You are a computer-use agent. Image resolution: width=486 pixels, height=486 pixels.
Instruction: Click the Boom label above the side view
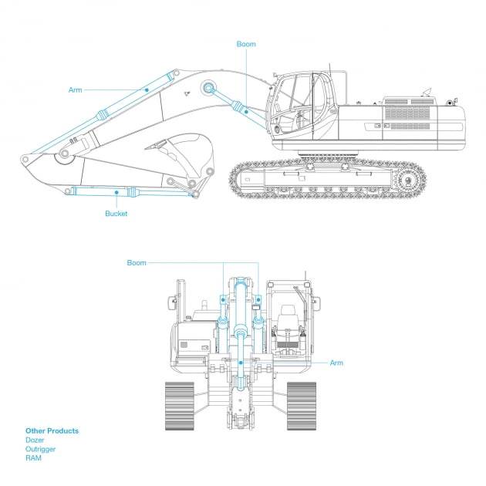246,44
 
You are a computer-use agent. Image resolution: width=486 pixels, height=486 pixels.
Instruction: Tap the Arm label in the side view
76,90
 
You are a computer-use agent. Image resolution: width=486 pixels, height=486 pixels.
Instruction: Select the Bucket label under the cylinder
116,214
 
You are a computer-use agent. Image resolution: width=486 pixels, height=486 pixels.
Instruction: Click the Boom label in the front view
137,263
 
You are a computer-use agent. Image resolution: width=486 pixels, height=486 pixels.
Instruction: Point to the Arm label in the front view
336,363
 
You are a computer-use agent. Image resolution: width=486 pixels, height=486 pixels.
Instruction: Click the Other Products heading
52,430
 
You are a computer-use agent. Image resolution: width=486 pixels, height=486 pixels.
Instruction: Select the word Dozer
35,440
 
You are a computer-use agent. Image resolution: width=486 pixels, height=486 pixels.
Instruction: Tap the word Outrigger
40,449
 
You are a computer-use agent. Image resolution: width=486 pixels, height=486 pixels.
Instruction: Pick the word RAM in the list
33,458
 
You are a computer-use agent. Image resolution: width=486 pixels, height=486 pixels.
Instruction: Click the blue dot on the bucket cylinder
116,193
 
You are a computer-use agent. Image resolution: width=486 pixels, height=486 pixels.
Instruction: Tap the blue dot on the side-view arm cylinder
147,90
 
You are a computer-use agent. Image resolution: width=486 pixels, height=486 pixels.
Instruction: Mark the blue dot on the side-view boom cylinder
246,112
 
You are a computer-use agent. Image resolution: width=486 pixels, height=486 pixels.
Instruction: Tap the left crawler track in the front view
180,406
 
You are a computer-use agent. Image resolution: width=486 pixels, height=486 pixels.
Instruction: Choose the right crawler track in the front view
302,406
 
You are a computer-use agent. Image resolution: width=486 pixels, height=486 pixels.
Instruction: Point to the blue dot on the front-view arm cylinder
241,363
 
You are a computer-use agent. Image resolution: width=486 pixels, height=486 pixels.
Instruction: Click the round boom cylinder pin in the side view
208,88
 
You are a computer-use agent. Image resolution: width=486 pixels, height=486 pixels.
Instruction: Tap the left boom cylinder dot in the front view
223,300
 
